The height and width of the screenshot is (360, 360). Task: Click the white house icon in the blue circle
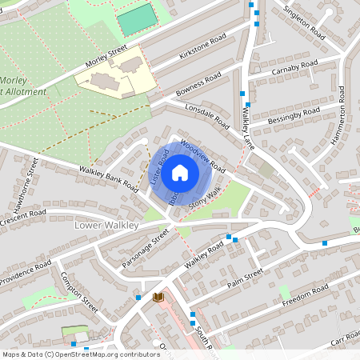180,172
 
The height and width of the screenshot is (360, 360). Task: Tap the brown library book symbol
158,297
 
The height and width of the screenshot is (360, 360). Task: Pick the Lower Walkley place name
106,226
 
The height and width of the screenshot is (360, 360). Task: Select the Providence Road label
26,272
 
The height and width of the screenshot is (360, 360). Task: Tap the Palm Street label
244,276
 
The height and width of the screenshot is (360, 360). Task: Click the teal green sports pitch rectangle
138,20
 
